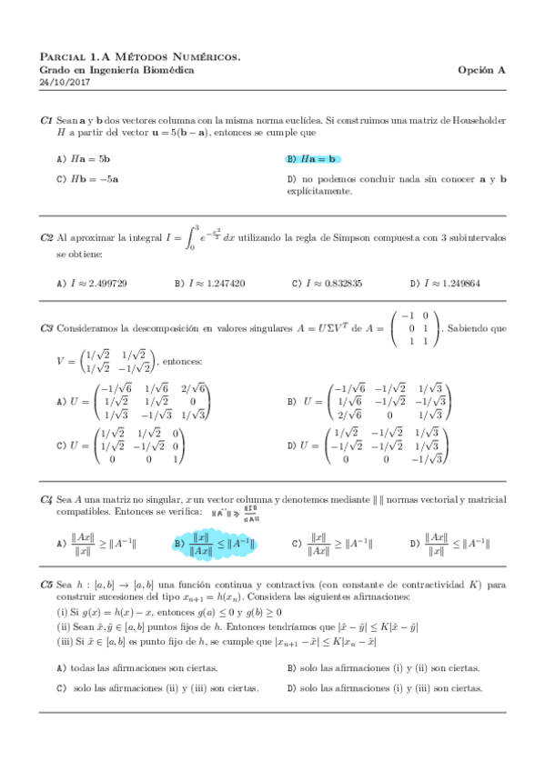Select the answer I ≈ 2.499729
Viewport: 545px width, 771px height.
click(x=92, y=283)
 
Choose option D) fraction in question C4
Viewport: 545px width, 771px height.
click(x=450, y=543)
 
